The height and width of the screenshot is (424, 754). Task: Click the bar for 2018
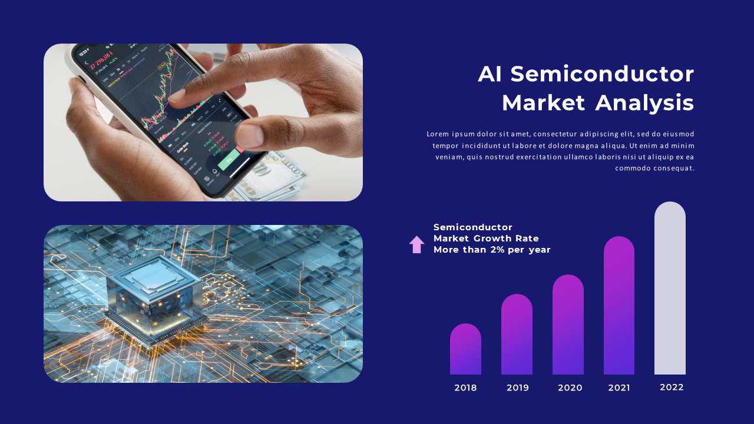[x=465, y=350]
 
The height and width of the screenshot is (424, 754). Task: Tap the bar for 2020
[x=568, y=325]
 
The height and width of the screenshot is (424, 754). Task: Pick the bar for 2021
[x=619, y=306]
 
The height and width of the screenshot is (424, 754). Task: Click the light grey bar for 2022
[x=670, y=289]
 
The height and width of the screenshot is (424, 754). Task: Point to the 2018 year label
[x=465, y=388]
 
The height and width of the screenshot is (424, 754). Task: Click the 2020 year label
[x=570, y=388]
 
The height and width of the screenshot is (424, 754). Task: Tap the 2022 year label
[x=672, y=387]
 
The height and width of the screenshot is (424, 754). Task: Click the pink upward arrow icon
[x=416, y=244]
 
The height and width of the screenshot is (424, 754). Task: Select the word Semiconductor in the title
[x=602, y=74]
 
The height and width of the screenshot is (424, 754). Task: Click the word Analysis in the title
[x=644, y=103]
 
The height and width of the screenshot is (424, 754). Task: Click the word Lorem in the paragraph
[x=438, y=134]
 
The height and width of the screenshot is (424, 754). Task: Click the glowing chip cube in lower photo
[x=154, y=294]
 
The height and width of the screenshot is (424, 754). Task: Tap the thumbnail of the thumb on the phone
[x=250, y=135]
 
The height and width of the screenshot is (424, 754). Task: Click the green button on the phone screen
[x=229, y=160]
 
